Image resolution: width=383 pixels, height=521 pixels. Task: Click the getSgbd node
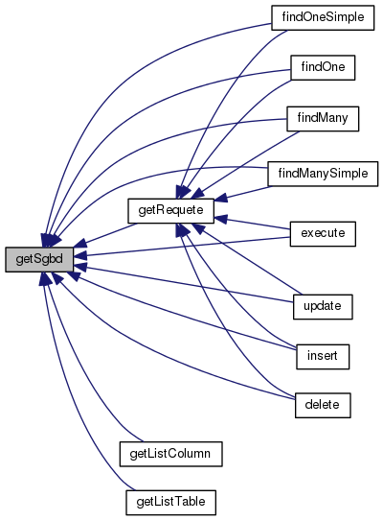[x=39, y=259]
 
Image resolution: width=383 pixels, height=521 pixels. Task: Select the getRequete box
[x=170, y=211]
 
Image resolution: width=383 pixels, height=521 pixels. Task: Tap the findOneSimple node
[x=323, y=17]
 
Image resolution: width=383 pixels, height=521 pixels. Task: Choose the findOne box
[x=323, y=68]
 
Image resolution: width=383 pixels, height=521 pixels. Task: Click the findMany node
[x=323, y=119]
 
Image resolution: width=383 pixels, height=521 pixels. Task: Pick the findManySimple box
[x=323, y=174]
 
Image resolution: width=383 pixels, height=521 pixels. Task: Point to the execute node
[x=323, y=234]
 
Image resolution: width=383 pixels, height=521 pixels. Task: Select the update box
[x=323, y=307]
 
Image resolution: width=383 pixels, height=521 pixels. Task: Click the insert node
[x=323, y=357]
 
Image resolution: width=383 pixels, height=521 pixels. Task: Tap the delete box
[x=323, y=405]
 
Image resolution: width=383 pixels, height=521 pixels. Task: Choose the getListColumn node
[x=170, y=454]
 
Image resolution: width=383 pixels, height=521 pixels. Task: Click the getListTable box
[x=170, y=503]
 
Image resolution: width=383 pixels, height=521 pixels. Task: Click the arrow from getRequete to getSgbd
[x=105, y=235]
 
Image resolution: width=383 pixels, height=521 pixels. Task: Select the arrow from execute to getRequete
[x=253, y=224]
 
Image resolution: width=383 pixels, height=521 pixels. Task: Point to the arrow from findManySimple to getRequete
[x=243, y=194]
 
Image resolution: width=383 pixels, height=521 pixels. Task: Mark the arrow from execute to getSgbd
[x=182, y=247]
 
